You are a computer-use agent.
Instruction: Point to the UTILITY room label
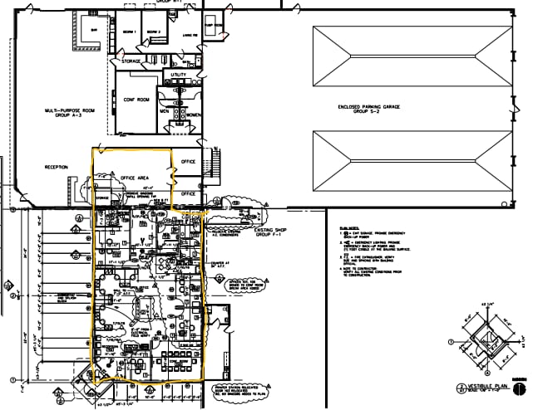point(179,76)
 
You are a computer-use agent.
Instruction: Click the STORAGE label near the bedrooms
point(131,61)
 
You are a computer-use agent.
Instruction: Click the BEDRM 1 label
point(129,31)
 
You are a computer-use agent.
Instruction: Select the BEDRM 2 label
point(153,31)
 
